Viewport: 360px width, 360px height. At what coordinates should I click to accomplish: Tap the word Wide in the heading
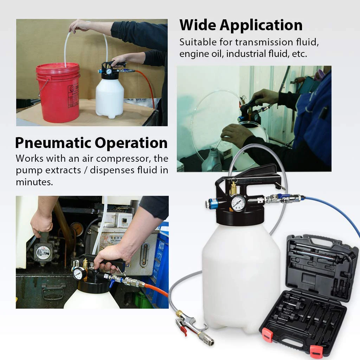point(198,25)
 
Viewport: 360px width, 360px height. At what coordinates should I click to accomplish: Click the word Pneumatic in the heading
point(53,143)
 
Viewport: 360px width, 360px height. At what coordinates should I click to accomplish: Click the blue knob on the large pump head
point(213,203)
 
